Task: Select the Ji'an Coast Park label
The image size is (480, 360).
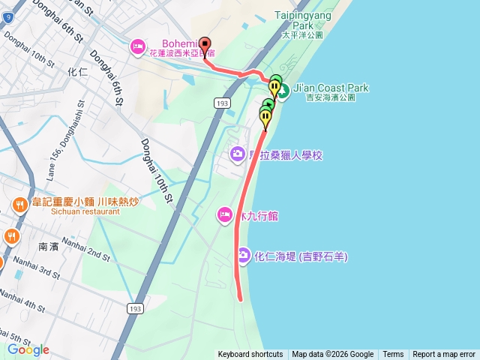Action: [331, 88]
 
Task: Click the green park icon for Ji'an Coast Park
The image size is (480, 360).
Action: [284, 97]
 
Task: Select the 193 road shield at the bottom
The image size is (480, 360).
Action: [136, 308]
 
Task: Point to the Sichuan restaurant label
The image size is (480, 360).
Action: [76, 211]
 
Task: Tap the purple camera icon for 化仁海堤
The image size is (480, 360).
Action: [244, 256]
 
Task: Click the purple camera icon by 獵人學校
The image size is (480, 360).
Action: [237, 154]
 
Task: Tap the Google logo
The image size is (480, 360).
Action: [28, 349]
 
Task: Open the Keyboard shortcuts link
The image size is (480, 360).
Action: [250, 355]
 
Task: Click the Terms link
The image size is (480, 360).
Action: [393, 355]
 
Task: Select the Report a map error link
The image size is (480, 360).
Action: [444, 355]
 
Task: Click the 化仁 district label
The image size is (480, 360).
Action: [78, 73]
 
